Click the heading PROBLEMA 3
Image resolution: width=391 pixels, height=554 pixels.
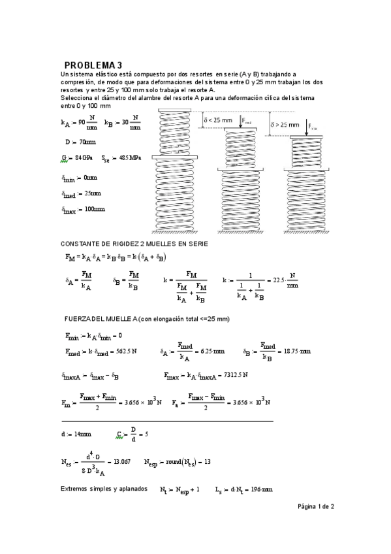click(93, 65)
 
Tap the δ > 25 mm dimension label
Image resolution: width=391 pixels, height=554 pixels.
click(285, 124)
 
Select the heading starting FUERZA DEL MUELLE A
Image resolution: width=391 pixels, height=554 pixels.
click(147, 318)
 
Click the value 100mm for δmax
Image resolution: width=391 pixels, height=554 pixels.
click(95, 210)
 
